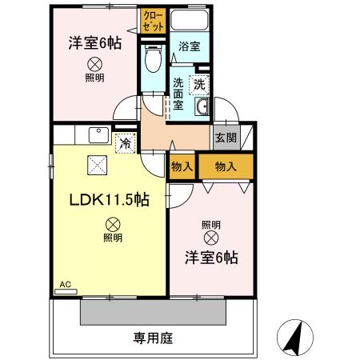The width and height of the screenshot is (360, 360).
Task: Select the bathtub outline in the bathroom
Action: pos(190,21)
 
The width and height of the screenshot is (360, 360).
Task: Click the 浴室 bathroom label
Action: pos(189,47)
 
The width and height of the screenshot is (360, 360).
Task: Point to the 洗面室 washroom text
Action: pos(178,93)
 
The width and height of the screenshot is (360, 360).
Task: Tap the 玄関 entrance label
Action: pos(223,137)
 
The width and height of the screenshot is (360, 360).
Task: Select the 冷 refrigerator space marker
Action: pos(125,143)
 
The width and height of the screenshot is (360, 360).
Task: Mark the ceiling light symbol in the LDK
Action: pos(112,225)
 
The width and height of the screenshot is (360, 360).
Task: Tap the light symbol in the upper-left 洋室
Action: pos(94,65)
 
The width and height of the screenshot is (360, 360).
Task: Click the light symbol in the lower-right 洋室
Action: pos(210,237)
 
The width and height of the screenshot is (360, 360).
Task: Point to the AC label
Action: pos(65,283)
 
